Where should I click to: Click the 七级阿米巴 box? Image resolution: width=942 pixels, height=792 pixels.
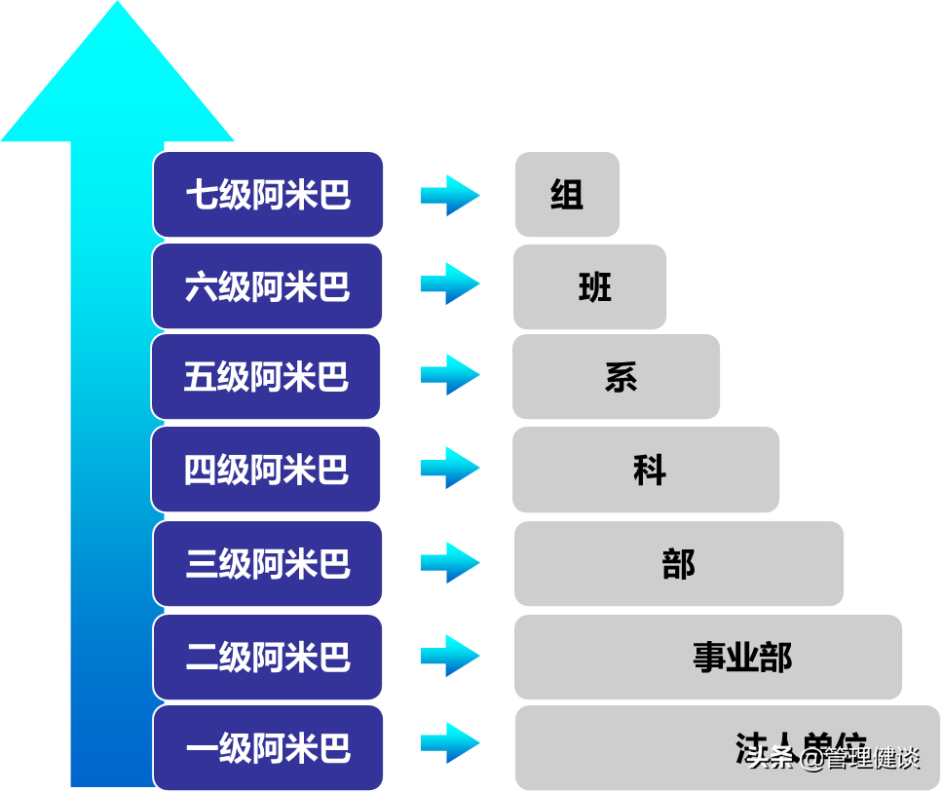[x=268, y=194]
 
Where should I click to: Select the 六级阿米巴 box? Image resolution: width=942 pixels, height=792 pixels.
[x=268, y=286]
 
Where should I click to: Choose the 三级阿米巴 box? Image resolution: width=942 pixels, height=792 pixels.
[x=268, y=563]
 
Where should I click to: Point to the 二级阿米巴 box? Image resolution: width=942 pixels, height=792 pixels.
[x=268, y=657]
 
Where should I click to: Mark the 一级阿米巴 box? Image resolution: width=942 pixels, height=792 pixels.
[x=268, y=747]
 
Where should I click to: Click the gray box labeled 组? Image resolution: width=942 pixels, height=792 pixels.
[x=567, y=194]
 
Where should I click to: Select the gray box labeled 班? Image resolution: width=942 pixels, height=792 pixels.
[x=590, y=286]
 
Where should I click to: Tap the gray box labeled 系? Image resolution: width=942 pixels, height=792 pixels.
[x=617, y=377]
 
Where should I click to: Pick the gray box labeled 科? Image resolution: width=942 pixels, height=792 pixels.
[x=646, y=470]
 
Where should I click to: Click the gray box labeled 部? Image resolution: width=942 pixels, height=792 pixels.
[x=679, y=563]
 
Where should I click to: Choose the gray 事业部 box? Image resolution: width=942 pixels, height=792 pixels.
[x=708, y=657]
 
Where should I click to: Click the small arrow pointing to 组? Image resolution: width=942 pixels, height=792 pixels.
[x=450, y=195]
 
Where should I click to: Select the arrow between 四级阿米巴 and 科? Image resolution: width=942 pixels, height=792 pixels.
[x=450, y=468]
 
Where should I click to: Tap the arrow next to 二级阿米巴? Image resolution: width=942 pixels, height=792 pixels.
[x=450, y=656]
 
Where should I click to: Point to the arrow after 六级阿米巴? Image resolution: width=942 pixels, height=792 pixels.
[x=450, y=283]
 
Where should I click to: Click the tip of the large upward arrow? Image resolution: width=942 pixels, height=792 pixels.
[x=117, y=8]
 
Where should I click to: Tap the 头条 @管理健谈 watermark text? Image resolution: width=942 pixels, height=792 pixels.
[x=833, y=757]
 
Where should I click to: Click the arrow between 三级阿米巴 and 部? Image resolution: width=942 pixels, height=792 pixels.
[x=450, y=562]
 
